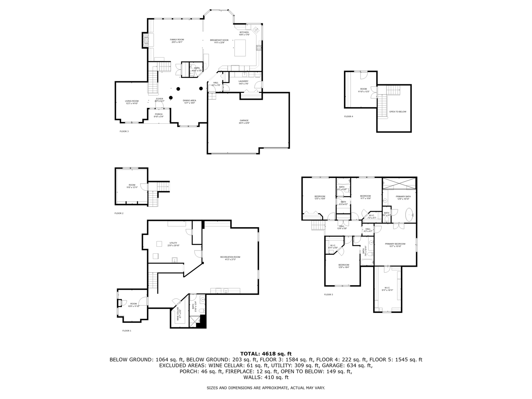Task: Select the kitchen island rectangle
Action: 241,48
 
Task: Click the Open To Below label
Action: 398,112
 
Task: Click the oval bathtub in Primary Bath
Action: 410,215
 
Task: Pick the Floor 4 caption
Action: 348,116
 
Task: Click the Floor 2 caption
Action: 119,213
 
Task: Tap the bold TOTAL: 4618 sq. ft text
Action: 266,354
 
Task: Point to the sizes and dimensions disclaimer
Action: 266,388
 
